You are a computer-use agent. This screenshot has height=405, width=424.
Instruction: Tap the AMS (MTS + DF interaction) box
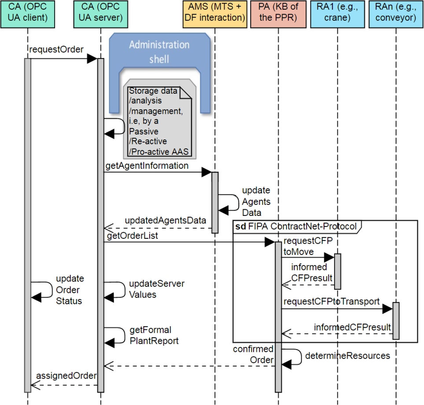click(214, 12)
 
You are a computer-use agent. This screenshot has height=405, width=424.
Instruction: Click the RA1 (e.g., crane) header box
click(337, 12)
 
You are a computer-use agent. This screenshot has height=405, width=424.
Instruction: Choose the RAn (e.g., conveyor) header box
click(396, 12)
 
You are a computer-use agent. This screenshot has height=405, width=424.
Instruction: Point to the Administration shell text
click(159, 51)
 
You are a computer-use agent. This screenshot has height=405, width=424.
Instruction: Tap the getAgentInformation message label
click(147, 166)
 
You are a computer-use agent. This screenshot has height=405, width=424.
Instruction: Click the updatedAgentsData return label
click(165, 219)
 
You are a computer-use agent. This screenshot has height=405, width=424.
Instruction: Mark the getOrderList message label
click(132, 236)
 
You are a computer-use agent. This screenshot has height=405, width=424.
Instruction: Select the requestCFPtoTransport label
click(331, 301)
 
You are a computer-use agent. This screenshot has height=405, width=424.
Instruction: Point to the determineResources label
click(347, 355)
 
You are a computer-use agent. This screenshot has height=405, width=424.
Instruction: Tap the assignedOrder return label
click(66, 376)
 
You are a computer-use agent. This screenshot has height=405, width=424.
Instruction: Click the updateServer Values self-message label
click(156, 289)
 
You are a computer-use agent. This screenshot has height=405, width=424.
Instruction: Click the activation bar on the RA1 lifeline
click(337, 271)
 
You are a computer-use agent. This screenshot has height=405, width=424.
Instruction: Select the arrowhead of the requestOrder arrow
click(92, 59)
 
